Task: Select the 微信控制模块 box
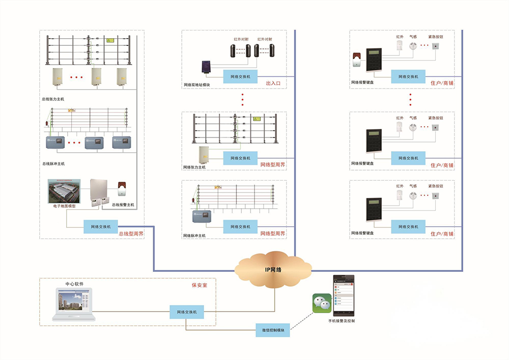click(x=273, y=330)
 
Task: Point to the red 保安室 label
click(x=200, y=285)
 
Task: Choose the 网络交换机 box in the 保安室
click(x=187, y=312)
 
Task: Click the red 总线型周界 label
click(x=131, y=234)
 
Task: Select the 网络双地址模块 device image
click(x=207, y=68)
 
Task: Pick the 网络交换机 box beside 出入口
click(x=240, y=76)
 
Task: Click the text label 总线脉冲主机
click(x=54, y=164)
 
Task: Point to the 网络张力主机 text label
click(x=194, y=167)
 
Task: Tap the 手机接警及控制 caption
click(x=342, y=321)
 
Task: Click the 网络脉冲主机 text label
click(x=194, y=236)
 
